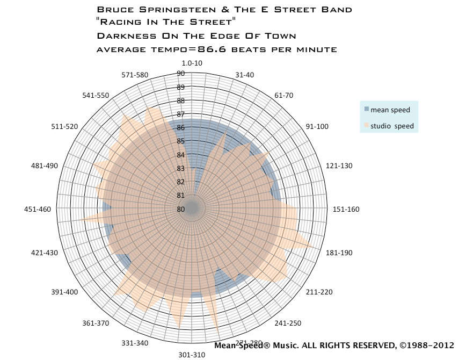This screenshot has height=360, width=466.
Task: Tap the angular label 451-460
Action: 38,210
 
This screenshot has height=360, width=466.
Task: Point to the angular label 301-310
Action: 192,355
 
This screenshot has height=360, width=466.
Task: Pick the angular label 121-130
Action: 339,166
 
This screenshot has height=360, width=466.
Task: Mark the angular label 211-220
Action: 319,292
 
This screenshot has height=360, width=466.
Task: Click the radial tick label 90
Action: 181,74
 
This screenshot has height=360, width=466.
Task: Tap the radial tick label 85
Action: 181,141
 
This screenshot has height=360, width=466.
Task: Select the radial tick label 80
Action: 181,210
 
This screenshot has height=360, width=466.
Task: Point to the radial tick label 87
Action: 181,114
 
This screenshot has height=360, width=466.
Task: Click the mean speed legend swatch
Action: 367,109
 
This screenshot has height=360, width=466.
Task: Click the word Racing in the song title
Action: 119,23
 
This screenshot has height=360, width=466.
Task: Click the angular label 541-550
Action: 96,96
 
